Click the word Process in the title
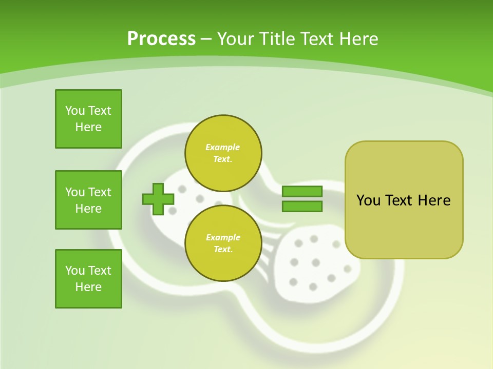(161, 38)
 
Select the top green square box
(88, 119)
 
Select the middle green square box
(88, 200)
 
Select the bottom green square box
(88, 279)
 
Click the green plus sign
(158, 199)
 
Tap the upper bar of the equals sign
(302, 191)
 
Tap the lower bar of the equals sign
(302, 207)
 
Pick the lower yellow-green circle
(223, 243)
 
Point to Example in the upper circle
(223, 147)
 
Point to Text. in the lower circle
(223, 250)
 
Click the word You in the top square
(75, 111)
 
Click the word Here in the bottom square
(88, 287)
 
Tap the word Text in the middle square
(100, 192)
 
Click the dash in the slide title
(206, 39)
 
